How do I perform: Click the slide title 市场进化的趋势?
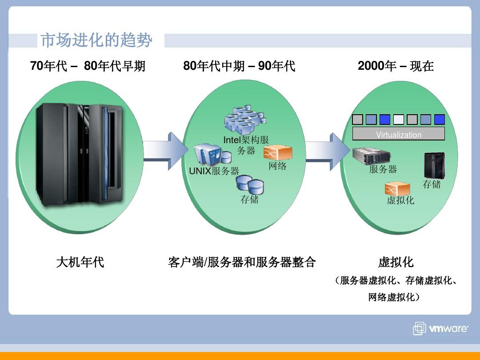(96, 40)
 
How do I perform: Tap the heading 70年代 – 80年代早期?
(88, 66)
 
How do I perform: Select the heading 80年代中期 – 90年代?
(239, 66)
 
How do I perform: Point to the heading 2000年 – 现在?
(396, 66)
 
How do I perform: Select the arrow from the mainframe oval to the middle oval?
(166, 151)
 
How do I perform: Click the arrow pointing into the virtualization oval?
(328, 152)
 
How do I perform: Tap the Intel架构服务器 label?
(246, 145)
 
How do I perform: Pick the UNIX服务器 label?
(214, 171)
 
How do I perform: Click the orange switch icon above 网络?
(278, 152)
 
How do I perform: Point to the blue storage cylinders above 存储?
(250, 184)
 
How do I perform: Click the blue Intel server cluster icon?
(245, 119)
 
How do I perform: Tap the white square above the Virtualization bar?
(399, 120)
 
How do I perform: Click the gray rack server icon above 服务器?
(371, 156)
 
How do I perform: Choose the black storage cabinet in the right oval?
(434, 165)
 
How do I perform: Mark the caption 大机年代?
(80, 262)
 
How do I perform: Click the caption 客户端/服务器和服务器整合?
(242, 262)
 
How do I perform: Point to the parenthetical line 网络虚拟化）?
(394, 297)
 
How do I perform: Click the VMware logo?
(440, 328)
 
